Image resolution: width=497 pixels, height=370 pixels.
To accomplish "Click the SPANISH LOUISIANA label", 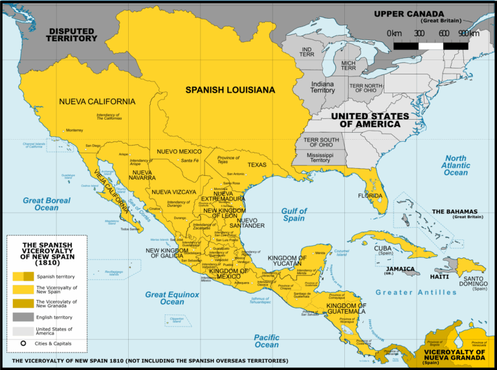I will coord(230,90).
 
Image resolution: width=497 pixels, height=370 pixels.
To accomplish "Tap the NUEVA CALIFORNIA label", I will coord(97,102).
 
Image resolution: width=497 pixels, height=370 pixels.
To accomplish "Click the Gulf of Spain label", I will coord(294,215).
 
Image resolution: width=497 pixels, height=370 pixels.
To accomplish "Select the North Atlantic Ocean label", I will coord(456,166).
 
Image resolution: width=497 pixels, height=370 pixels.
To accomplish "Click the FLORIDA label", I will coord(370,195).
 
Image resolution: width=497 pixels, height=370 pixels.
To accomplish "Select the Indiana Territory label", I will coord(322,87).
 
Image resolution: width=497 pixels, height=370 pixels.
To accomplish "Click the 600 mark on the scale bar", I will coord(443,33).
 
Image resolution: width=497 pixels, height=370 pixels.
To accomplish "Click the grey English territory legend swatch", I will coord(23,317).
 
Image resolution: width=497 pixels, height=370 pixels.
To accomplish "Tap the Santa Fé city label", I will coord(190,160).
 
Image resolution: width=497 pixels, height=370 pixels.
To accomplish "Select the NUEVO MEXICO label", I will coord(179,151).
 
